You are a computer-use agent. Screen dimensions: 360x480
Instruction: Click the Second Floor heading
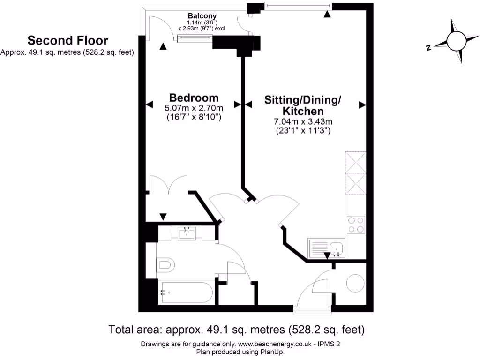click(67, 40)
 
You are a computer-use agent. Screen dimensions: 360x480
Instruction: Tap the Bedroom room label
click(194, 97)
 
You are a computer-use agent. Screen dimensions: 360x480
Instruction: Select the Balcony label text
click(202, 15)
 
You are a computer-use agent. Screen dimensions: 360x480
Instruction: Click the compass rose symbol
click(456, 41)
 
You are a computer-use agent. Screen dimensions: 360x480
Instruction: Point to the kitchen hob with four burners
click(356, 224)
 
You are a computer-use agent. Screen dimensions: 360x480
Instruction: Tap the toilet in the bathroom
click(165, 265)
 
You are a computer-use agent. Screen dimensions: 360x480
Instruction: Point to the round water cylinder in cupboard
click(355, 283)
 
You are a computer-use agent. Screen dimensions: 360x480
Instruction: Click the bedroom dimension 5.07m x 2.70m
click(194, 108)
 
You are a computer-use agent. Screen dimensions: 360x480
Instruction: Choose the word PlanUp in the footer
click(271, 352)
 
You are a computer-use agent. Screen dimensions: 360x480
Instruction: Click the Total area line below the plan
click(236, 330)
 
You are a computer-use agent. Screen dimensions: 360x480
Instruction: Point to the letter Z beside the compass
click(428, 47)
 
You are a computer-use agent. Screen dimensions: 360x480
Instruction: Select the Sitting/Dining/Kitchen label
click(302, 105)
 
